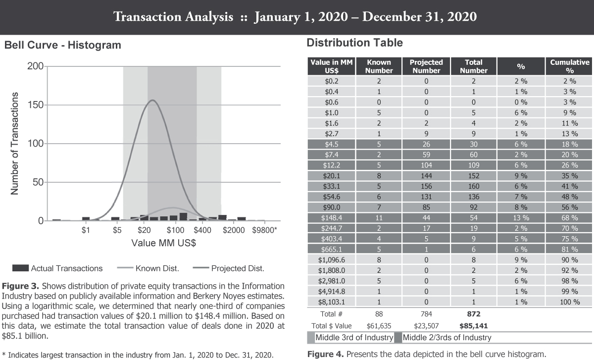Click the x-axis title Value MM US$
click(x=164, y=244)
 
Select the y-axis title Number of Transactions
click(x=15, y=143)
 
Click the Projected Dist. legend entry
click(x=237, y=268)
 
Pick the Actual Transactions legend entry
click(x=66, y=268)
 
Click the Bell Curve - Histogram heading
click(x=62, y=46)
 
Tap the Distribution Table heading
click(x=354, y=43)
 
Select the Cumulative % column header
click(x=570, y=66)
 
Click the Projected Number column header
click(x=426, y=66)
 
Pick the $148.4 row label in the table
click(x=332, y=218)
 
